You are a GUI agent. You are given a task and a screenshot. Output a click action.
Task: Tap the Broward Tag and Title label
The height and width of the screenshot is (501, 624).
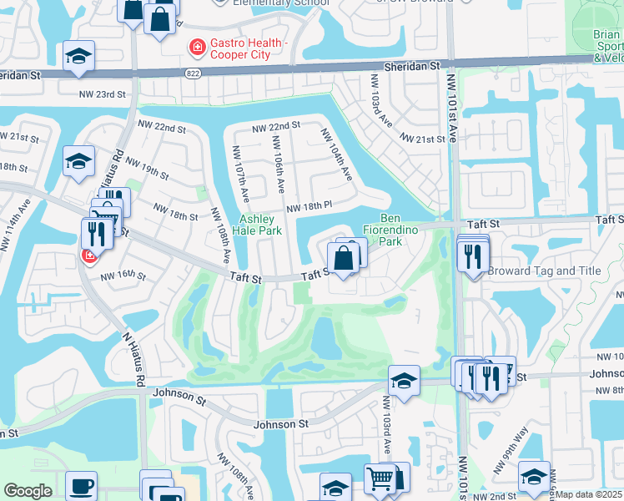click(x=544, y=271)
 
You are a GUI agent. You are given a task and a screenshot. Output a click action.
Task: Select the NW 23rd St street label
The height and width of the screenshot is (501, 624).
click(x=102, y=94)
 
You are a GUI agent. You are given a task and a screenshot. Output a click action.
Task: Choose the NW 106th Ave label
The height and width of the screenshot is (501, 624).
click(x=281, y=161)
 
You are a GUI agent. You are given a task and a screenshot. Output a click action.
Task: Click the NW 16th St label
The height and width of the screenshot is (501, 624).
click(x=123, y=276)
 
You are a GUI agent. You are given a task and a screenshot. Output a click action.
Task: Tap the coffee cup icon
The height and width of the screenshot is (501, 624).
click(x=81, y=485)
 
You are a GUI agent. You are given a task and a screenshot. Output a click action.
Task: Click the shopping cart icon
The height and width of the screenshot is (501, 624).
click(x=380, y=478)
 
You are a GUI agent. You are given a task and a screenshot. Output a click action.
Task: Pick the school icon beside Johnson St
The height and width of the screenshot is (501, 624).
click(x=404, y=381)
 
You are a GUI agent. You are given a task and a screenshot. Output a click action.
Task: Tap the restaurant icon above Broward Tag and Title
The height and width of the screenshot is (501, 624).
click(x=473, y=255)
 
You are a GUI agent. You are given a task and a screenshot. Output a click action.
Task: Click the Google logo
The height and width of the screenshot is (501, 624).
click(x=28, y=491)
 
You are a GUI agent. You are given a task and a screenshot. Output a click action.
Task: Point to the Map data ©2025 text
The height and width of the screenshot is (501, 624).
click(x=588, y=494)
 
